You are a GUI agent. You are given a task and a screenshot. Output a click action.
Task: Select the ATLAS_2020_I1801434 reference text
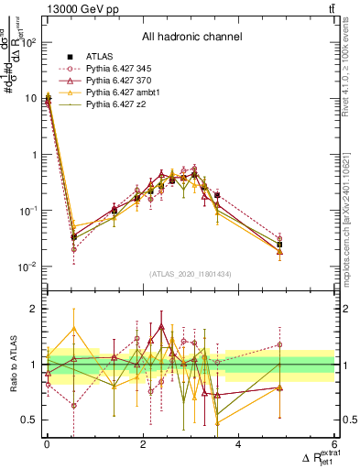(191, 274)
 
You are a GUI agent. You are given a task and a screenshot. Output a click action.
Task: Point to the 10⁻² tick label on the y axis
(27, 267)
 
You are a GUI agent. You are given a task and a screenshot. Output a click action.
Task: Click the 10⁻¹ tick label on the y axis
(27, 211)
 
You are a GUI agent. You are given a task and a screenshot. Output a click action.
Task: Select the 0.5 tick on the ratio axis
(30, 420)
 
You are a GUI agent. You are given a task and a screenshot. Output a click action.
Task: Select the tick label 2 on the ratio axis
(35, 310)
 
